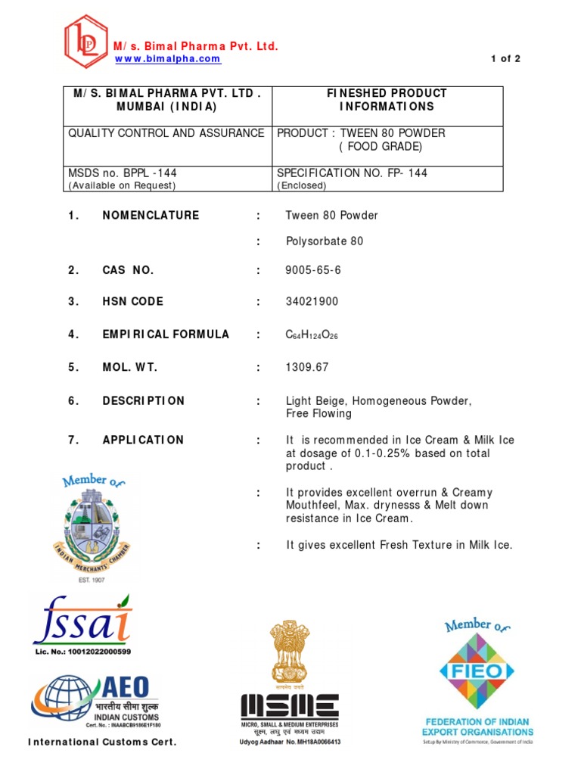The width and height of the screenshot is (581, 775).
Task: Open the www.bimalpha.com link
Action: pos(167,59)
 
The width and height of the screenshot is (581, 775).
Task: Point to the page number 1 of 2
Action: pos(506,59)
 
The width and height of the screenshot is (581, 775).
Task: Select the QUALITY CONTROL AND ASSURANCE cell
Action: pos(166,133)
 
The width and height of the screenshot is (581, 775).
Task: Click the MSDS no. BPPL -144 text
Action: pos(123,173)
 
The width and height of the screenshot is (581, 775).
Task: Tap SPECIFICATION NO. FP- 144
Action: pos(352,173)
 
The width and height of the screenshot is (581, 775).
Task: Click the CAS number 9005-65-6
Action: pos(308,270)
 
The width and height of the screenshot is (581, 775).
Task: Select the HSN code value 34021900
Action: pos(312,302)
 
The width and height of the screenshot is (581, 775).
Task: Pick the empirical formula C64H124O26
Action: pos(312,335)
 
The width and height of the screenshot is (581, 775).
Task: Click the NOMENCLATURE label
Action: pos(151,216)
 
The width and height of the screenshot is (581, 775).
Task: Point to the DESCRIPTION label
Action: pos(143,401)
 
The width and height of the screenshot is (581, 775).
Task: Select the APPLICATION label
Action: pos(143,440)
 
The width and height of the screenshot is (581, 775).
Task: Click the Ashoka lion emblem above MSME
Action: pos(289,651)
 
